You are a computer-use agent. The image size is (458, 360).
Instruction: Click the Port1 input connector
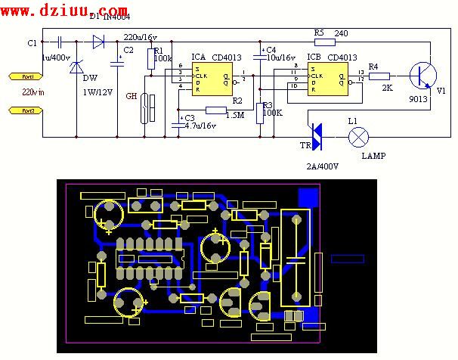(24, 76)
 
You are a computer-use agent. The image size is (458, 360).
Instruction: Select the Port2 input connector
(24, 111)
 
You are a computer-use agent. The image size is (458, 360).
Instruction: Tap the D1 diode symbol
(97, 42)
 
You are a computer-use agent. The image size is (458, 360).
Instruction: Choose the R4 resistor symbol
(380, 76)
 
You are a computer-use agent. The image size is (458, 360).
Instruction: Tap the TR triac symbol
(316, 137)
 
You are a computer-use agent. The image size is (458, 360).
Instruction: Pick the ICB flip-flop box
(329, 76)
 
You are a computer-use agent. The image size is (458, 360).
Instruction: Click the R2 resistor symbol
(215, 110)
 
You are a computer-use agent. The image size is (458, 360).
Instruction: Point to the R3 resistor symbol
(260, 111)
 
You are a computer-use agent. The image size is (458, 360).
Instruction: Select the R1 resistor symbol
(150, 58)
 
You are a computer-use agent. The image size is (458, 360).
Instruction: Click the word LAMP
(373, 157)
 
